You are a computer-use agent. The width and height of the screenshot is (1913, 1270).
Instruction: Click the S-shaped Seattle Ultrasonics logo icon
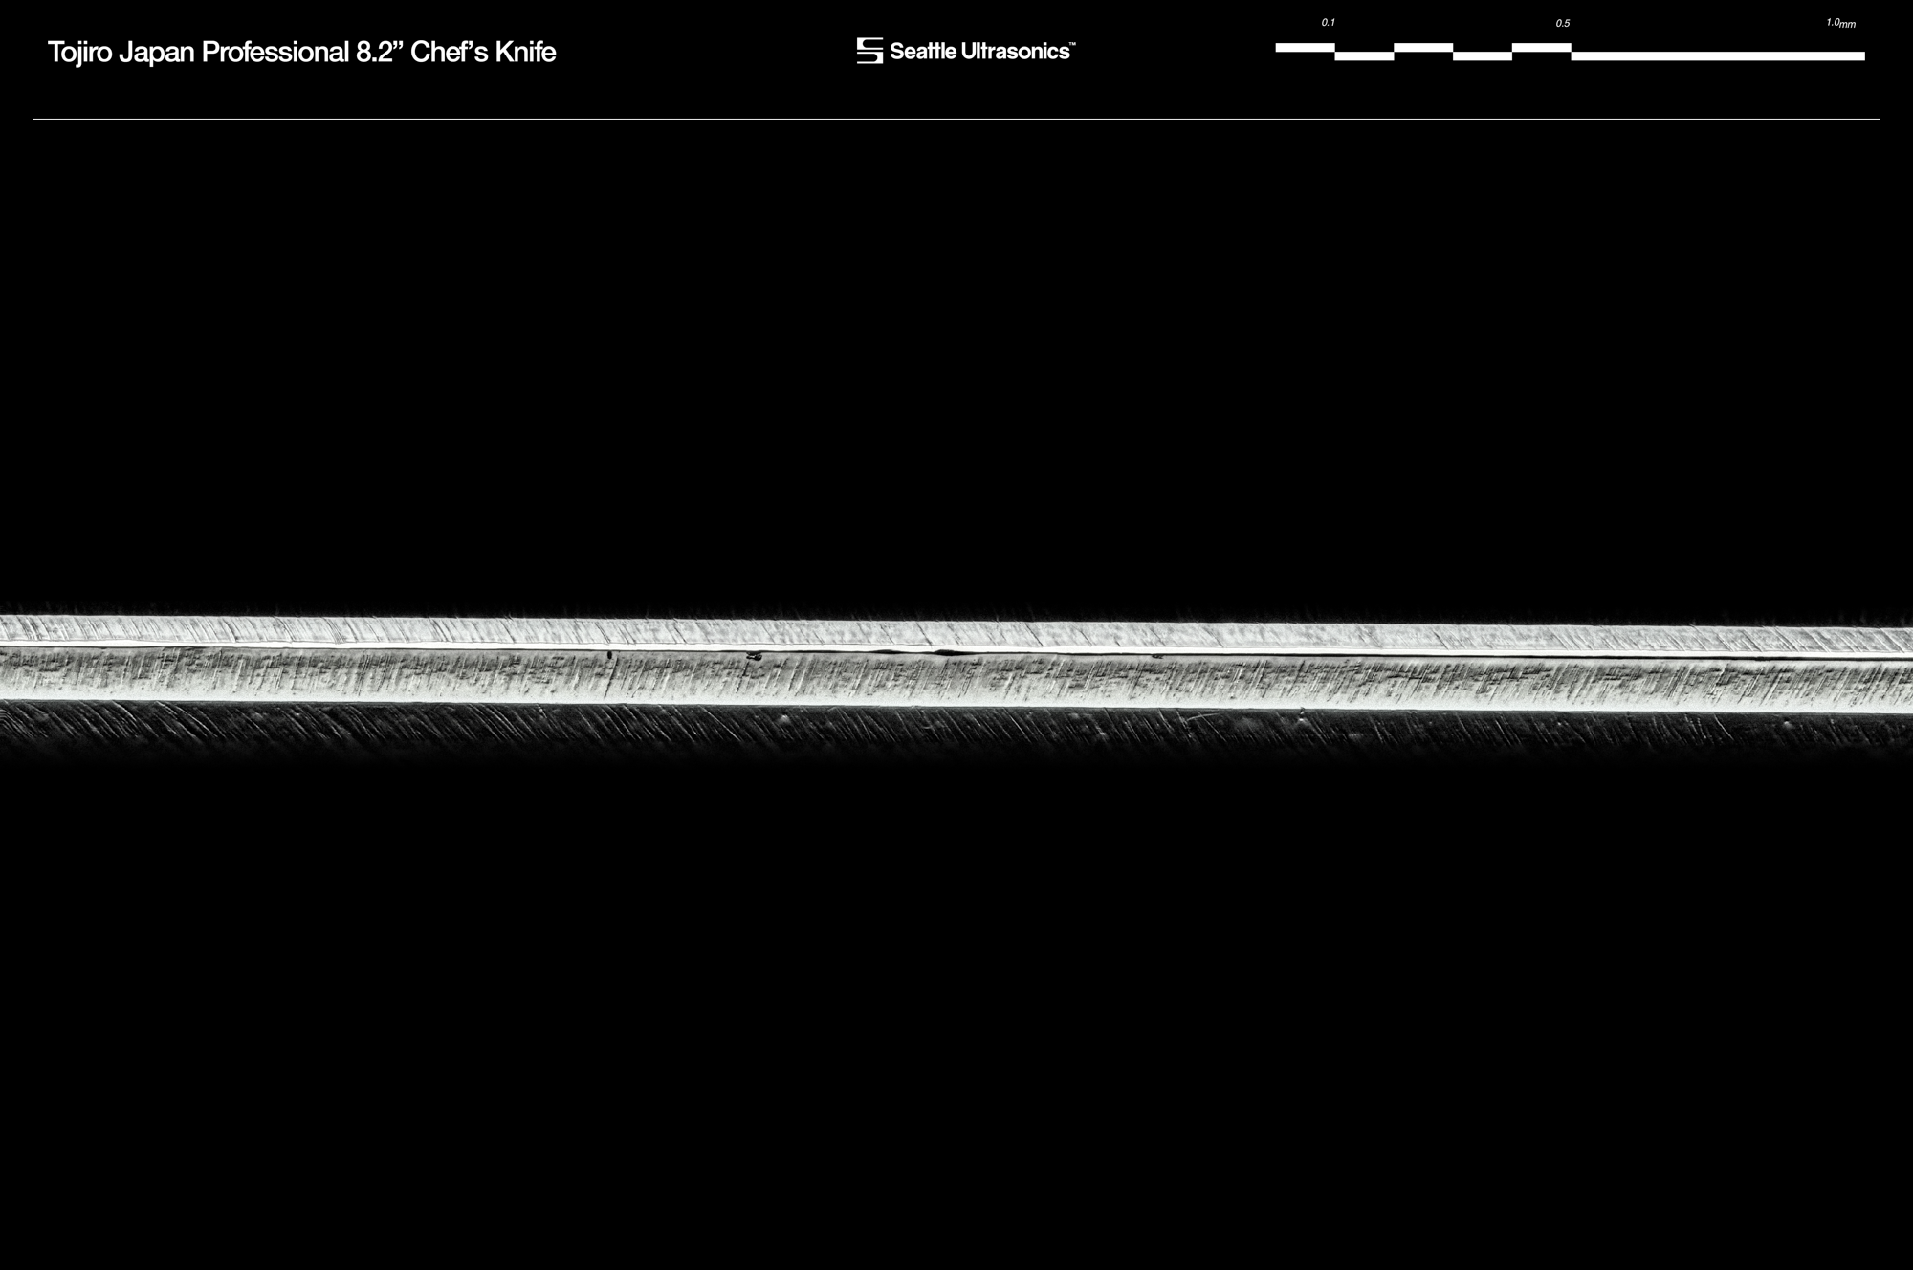click(869, 51)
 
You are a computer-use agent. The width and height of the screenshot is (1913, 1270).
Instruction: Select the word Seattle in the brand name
click(922, 52)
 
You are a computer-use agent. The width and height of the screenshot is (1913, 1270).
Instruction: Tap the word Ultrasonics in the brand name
click(1014, 52)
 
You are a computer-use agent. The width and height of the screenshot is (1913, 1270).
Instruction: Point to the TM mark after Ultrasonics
click(1072, 44)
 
